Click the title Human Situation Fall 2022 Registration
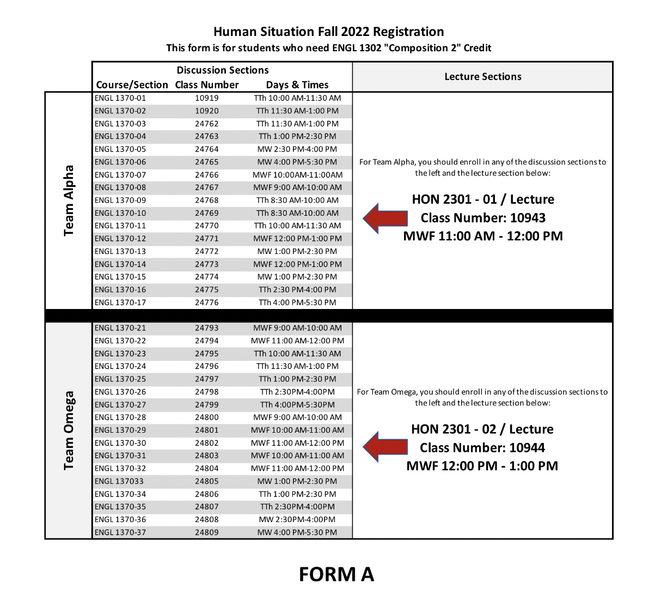click(328, 32)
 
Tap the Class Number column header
click(207, 85)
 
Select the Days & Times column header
click(297, 85)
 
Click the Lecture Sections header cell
click(482, 77)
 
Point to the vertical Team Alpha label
click(69, 201)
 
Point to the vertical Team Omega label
click(69, 431)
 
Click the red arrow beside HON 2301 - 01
click(385, 218)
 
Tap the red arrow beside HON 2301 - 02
click(385, 447)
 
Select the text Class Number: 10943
click(483, 218)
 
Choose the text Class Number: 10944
click(482, 448)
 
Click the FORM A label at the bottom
click(336, 574)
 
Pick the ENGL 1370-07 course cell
click(120, 175)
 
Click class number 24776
click(207, 302)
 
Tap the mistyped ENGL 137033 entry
click(119, 481)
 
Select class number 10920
click(207, 111)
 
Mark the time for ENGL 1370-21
click(297, 328)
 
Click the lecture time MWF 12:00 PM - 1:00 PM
click(482, 466)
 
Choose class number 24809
click(207, 532)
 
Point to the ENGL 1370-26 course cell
click(120, 392)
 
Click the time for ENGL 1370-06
click(297, 162)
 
